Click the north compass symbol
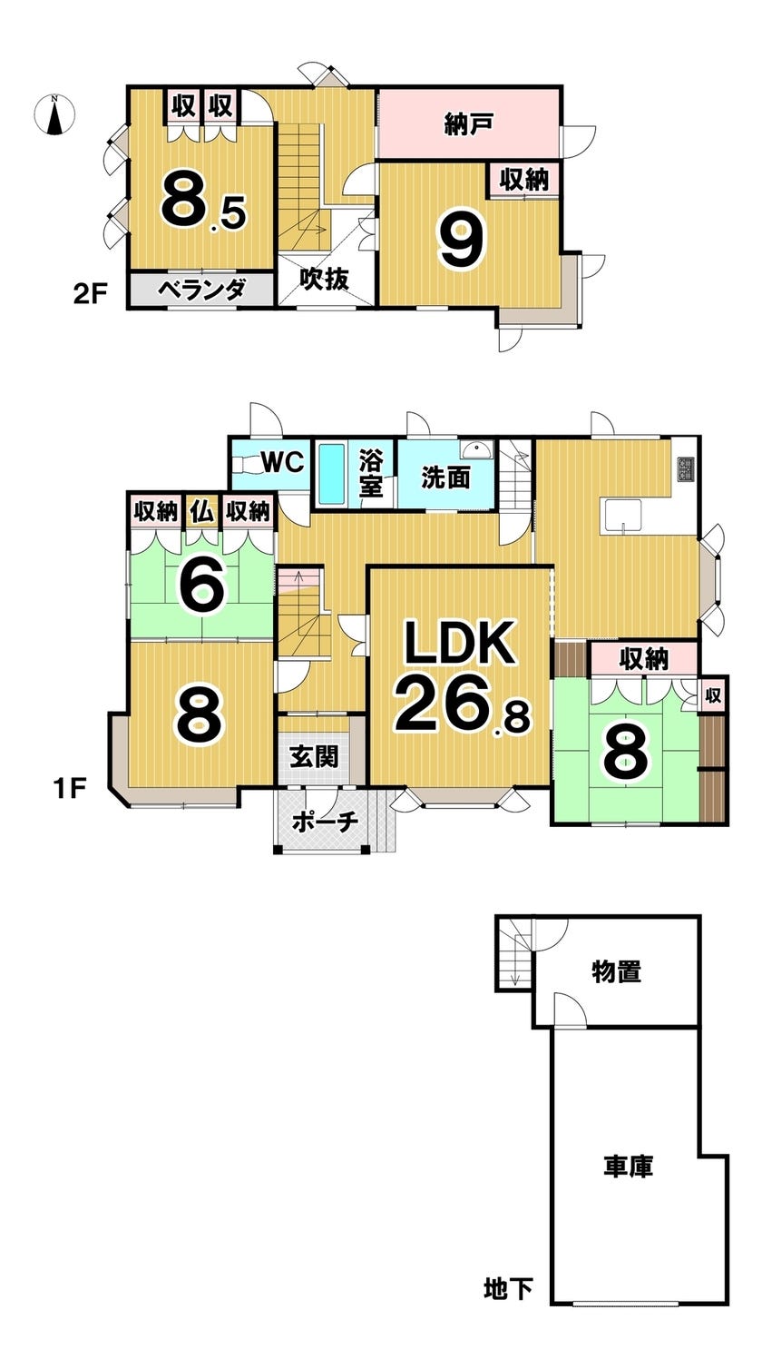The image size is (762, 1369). tap(54, 115)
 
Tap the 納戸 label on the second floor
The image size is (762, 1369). tap(468, 123)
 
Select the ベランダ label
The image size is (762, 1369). tap(201, 291)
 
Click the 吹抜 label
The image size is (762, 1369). tap(324, 281)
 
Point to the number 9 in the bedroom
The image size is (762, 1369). tap(462, 240)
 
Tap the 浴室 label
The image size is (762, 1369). tap(371, 472)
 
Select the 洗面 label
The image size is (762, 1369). tap(445, 477)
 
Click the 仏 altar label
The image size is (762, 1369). tap(201, 511)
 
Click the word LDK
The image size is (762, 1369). tap(460, 645)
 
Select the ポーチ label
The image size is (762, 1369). tap(324, 820)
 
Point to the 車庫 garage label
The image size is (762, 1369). tap(629, 1166)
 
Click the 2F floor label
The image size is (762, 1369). tap(93, 293)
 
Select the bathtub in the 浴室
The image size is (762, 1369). tap(330, 473)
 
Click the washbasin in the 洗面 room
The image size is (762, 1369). tap(474, 450)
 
